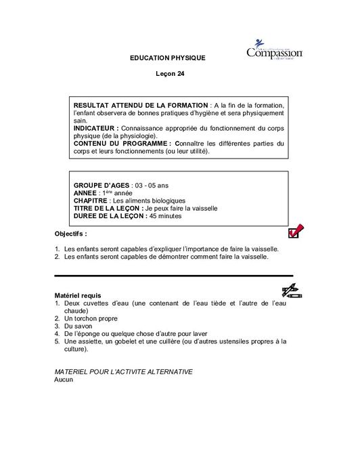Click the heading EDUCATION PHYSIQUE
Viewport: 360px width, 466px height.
(167, 58)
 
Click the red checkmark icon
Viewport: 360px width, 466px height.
(295, 232)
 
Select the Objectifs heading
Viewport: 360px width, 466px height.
(70, 233)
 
